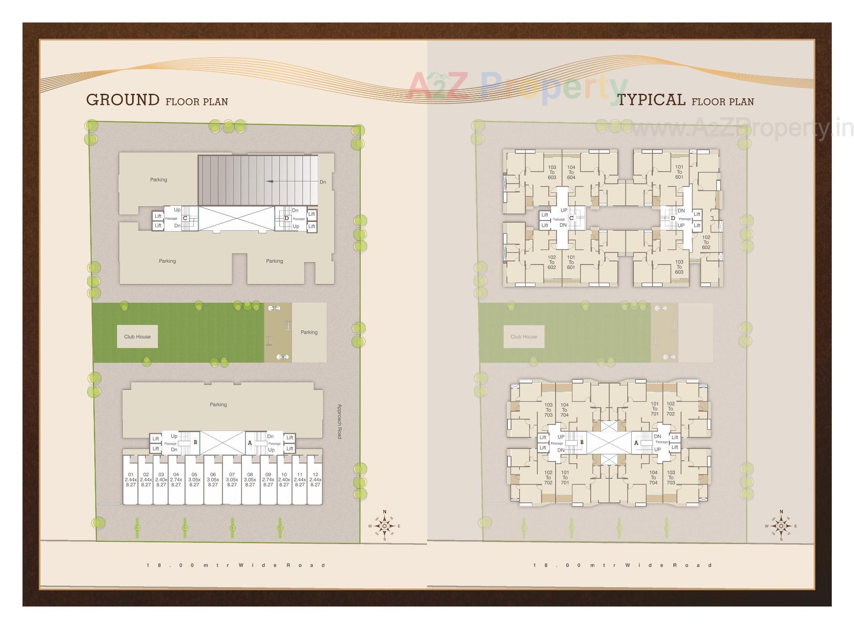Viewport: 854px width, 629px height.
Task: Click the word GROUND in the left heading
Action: tap(123, 100)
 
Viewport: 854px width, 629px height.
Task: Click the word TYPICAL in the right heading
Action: tap(652, 100)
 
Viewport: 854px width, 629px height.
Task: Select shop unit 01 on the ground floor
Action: tap(131, 480)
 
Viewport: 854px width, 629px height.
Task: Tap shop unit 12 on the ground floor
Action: tap(315, 480)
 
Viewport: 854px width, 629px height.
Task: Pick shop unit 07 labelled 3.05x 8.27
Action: tap(232, 480)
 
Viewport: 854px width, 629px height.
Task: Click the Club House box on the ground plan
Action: tap(137, 337)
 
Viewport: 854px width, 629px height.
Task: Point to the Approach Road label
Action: tap(339, 421)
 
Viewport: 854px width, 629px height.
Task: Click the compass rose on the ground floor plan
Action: tap(385, 526)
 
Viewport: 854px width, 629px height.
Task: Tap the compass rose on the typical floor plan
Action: tap(781, 526)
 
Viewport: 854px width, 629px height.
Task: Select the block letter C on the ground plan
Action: tap(185, 218)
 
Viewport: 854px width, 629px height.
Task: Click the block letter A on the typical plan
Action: tap(636, 443)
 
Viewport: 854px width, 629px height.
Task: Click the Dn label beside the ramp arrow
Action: tap(323, 182)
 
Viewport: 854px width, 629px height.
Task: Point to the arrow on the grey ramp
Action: tap(276, 181)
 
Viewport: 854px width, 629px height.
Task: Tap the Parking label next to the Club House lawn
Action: tap(309, 332)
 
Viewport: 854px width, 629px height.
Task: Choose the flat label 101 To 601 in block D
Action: tap(679, 172)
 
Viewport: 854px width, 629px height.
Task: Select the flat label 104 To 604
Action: tap(571, 172)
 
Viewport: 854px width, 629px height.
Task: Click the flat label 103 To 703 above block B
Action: tap(548, 410)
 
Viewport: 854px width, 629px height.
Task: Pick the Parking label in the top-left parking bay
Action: tap(158, 180)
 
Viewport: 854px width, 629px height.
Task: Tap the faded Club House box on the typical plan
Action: tap(524, 337)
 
